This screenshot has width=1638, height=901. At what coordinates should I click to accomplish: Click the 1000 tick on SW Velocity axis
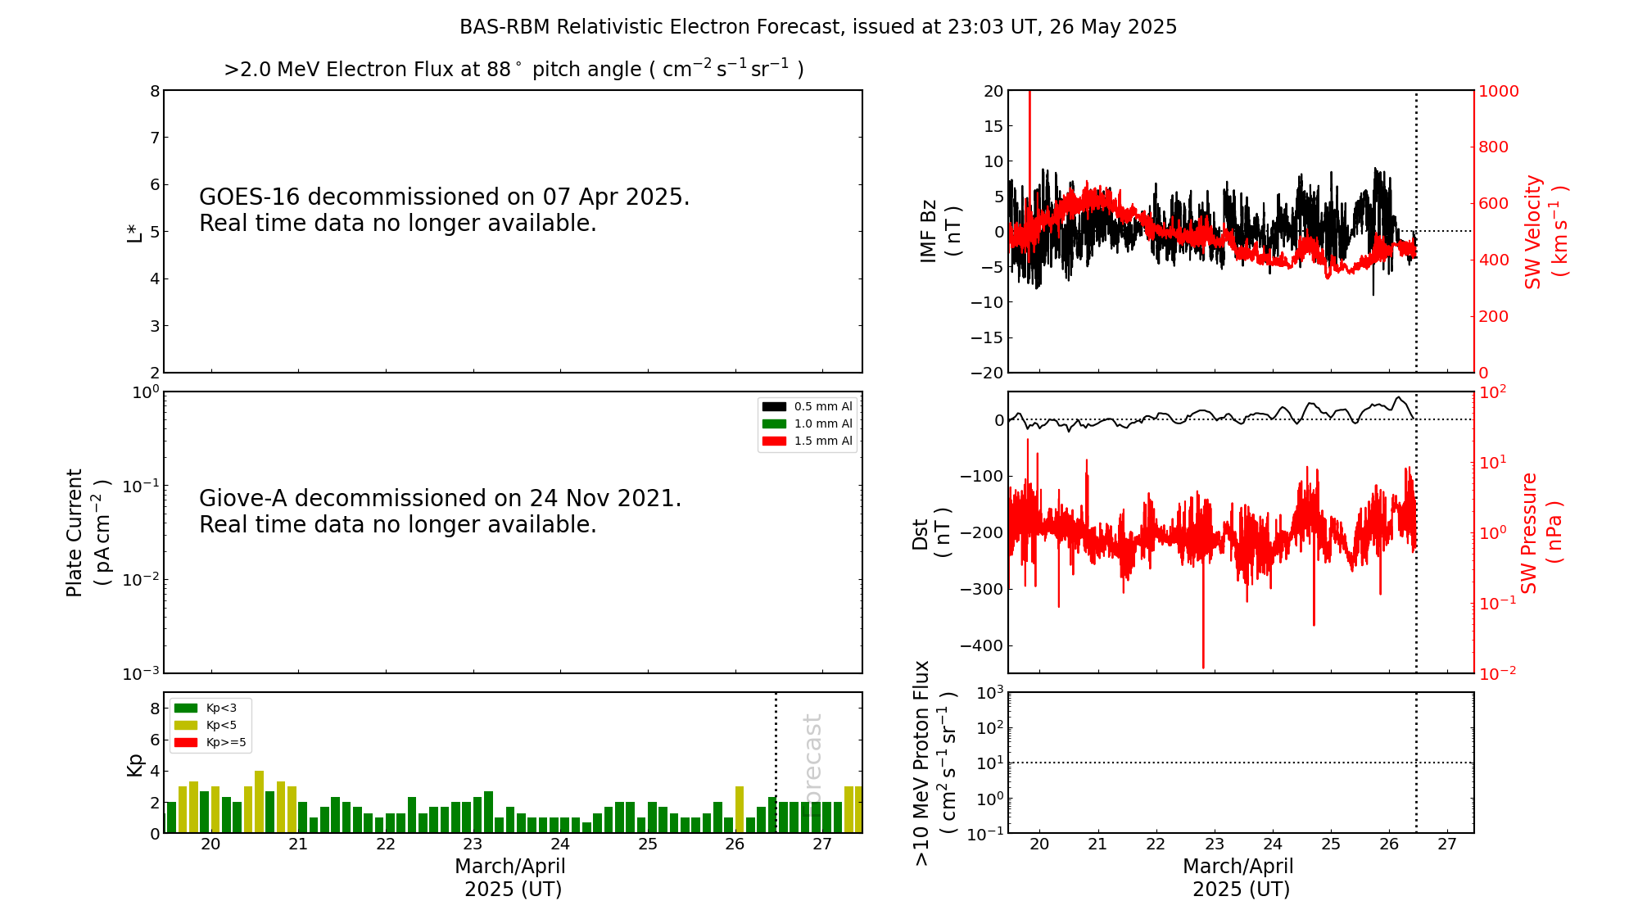[1498, 91]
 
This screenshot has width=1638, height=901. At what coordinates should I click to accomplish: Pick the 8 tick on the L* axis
[155, 91]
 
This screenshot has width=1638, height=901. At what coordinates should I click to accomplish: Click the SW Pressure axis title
[1540, 532]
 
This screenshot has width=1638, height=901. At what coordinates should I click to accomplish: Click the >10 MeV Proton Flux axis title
[934, 763]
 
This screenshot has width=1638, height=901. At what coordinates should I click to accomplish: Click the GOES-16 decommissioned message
[445, 210]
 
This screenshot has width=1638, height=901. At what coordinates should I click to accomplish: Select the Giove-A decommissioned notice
[441, 511]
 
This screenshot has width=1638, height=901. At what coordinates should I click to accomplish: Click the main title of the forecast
[817, 27]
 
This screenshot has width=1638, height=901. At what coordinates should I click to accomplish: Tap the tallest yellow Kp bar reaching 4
[259, 801]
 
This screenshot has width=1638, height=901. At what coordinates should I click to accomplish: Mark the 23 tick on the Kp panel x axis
[473, 844]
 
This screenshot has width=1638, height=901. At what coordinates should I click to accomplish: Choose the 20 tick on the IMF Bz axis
[993, 91]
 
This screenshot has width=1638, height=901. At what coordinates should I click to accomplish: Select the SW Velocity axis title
[1544, 231]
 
